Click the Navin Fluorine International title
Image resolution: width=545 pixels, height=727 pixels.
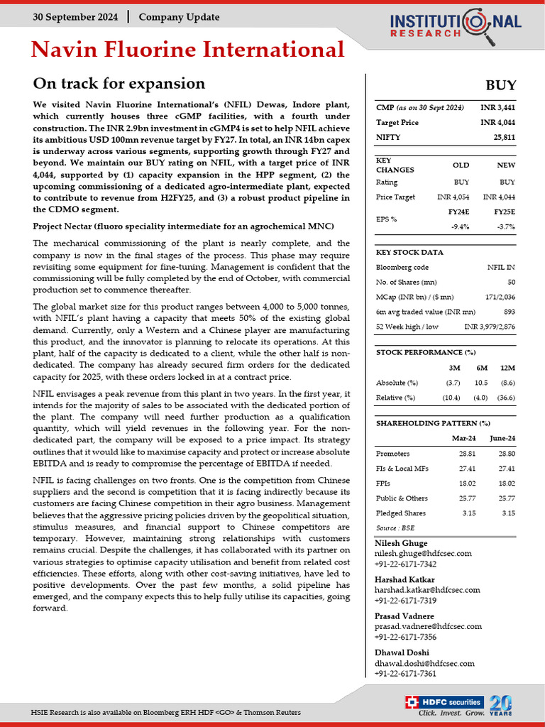(188, 50)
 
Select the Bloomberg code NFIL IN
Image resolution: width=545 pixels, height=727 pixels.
(501, 267)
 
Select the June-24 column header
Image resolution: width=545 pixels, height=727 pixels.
(502, 438)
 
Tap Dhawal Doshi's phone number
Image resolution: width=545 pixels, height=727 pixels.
(405, 674)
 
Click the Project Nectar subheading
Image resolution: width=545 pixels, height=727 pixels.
(183, 226)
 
